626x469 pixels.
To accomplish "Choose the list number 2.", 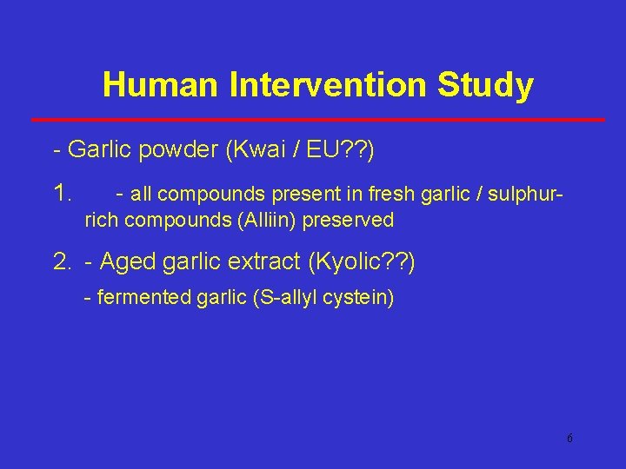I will (63, 261).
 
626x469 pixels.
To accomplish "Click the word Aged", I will (129, 261).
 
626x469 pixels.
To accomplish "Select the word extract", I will (264, 261).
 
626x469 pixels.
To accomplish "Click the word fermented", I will (139, 298).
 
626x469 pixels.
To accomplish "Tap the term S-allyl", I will (285, 298).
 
